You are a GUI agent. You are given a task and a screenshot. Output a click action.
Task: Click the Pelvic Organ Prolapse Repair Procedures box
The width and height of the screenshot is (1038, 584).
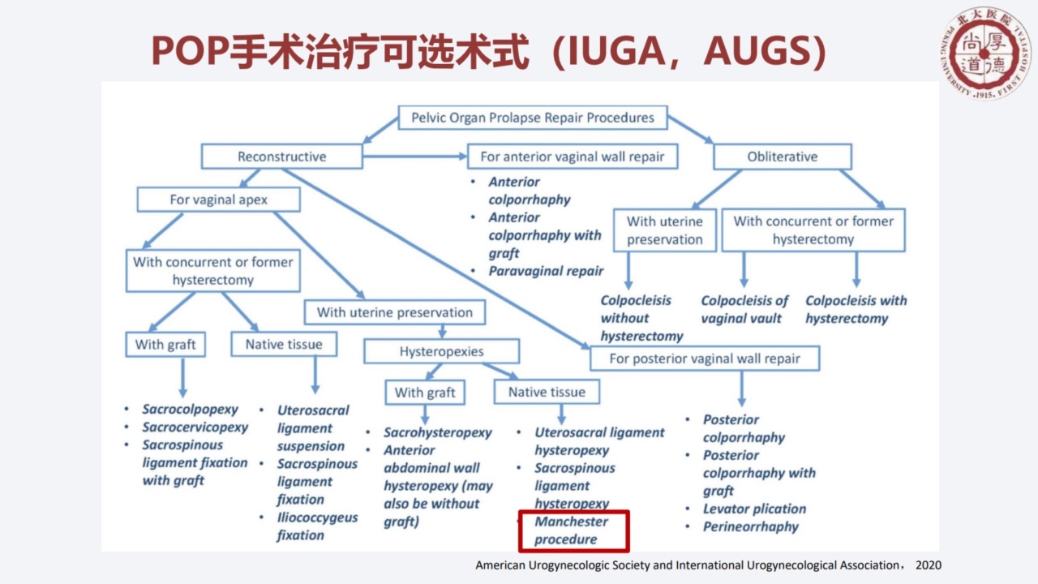[x=532, y=118]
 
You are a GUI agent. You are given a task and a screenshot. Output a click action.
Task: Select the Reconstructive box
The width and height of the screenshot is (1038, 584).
[x=281, y=157]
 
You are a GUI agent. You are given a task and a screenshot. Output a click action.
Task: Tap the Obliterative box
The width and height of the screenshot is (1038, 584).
[x=782, y=157]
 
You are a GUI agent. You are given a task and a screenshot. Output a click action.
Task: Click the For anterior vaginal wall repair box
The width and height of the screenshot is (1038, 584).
[x=573, y=157]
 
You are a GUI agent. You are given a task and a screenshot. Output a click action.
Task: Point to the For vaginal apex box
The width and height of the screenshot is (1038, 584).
[x=219, y=200]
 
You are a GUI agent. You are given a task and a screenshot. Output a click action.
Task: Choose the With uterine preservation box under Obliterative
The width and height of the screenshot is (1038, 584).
[x=665, y=230]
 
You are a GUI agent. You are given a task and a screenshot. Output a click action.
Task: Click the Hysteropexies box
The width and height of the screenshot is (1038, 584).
[x=441, y=351]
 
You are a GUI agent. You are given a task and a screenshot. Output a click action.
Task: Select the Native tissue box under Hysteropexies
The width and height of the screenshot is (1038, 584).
[x=547, y=392]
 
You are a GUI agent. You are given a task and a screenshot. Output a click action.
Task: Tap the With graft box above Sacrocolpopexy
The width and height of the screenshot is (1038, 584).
[x=165, y=344]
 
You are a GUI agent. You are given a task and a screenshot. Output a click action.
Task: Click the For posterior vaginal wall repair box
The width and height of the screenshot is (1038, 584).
[x=704, y=358]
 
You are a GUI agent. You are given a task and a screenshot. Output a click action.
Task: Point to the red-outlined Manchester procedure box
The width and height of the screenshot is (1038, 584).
[x=573, y=530]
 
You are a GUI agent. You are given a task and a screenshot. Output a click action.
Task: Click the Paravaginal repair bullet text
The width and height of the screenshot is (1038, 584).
[x=546, y=271]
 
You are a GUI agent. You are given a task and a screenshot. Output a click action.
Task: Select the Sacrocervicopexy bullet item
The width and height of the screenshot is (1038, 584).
[x=195, y=427]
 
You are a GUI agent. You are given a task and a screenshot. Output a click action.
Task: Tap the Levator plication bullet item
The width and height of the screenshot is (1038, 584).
[x=754, y=509]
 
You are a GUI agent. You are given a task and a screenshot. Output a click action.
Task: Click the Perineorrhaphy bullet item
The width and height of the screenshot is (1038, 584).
[x=750, y=526]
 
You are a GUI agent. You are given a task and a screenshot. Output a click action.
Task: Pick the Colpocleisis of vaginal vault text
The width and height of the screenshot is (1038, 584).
[x=744, y=309]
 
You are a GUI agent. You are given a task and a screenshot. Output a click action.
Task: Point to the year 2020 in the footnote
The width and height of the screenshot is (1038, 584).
[x=928, y=565]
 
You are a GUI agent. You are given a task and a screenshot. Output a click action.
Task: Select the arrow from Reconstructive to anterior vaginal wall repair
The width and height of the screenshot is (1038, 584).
[x=414, y=157]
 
